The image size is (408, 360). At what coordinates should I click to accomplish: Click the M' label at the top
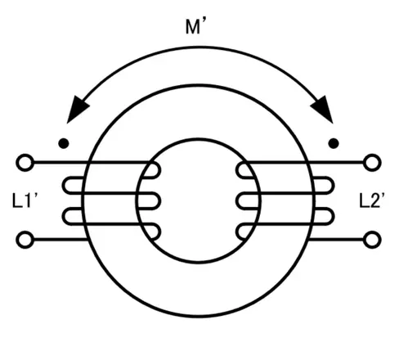click(195, 26)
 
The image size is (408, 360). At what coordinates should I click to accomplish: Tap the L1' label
click(25, 200)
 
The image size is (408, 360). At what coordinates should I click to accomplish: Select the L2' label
click(372, 200)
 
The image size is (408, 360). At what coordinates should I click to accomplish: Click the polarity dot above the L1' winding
click(64, 143)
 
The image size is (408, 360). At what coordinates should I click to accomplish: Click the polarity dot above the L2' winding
click(334, 143)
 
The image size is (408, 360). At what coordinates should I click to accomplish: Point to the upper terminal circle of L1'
click(25, 163)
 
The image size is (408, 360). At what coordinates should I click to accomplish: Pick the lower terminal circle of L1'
click(25, 240)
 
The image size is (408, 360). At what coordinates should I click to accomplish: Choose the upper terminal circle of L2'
click(372, 163)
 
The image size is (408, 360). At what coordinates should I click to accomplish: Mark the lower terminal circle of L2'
click(372, 240)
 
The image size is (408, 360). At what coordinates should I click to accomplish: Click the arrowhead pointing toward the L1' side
click(78, 109)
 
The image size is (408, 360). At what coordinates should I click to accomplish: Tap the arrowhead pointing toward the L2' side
click(323, 109)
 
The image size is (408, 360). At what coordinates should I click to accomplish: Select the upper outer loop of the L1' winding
click(64, 186)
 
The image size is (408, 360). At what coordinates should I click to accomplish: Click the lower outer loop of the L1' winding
click(64, 217)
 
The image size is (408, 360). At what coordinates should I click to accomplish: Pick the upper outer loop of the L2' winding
click(333, 186)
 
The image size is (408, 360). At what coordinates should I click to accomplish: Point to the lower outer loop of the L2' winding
click(333, 217)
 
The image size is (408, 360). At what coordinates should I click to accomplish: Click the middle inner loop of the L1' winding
click(159, 201)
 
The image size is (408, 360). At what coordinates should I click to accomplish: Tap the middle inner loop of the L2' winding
click(237, 201)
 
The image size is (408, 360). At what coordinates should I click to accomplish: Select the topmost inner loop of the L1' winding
click(159, 170)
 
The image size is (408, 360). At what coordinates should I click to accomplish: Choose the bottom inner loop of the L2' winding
click(237, 232)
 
